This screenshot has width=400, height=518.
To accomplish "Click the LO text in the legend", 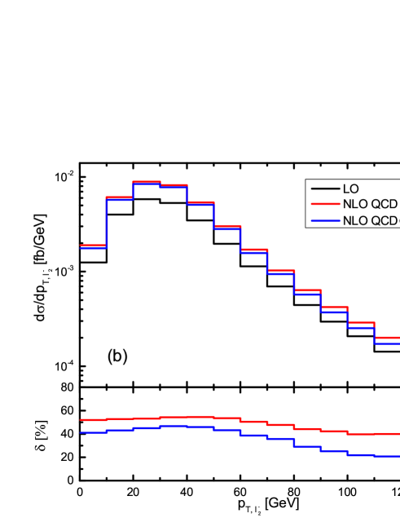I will [350, 189].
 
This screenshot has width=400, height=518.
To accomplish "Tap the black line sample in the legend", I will [324, 189].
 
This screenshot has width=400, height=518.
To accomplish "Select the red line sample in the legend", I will [324, 205].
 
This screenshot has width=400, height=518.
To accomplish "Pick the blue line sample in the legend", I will [324, 220].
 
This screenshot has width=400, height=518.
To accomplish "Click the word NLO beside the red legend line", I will [355, 205].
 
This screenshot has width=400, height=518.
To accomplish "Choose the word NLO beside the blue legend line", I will [355, 220].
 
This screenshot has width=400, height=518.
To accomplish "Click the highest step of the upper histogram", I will [147, 182].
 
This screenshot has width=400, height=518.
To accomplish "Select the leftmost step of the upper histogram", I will [93, 246].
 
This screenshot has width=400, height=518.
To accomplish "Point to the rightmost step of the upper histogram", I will [387, 339].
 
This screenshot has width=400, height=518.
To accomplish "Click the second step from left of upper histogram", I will [120, 198].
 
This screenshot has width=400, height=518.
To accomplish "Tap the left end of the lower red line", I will [81, 420].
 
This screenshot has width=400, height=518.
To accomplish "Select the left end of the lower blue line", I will [81, 432].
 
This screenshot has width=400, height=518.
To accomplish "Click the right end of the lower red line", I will [398, 433].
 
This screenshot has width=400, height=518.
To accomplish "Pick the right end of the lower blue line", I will [398, 457].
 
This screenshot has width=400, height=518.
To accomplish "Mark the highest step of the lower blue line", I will [174, 425].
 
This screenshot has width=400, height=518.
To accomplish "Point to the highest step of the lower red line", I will [200, 416].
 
